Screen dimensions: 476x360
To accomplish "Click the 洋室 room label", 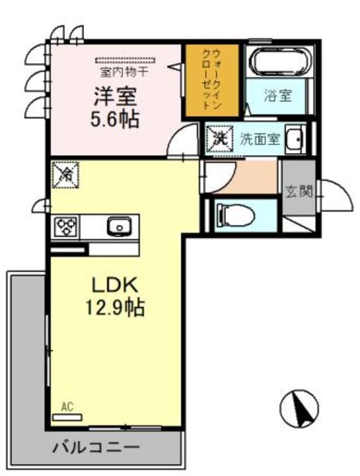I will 115,97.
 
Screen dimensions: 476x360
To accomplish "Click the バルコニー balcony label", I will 96,448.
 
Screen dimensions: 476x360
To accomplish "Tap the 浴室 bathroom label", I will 280,96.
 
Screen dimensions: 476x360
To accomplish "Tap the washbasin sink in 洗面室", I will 295,139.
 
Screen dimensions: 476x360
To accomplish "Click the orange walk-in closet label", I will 211,79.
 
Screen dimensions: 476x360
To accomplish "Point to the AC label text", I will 68,406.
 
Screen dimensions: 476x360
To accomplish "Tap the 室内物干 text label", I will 124,72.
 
